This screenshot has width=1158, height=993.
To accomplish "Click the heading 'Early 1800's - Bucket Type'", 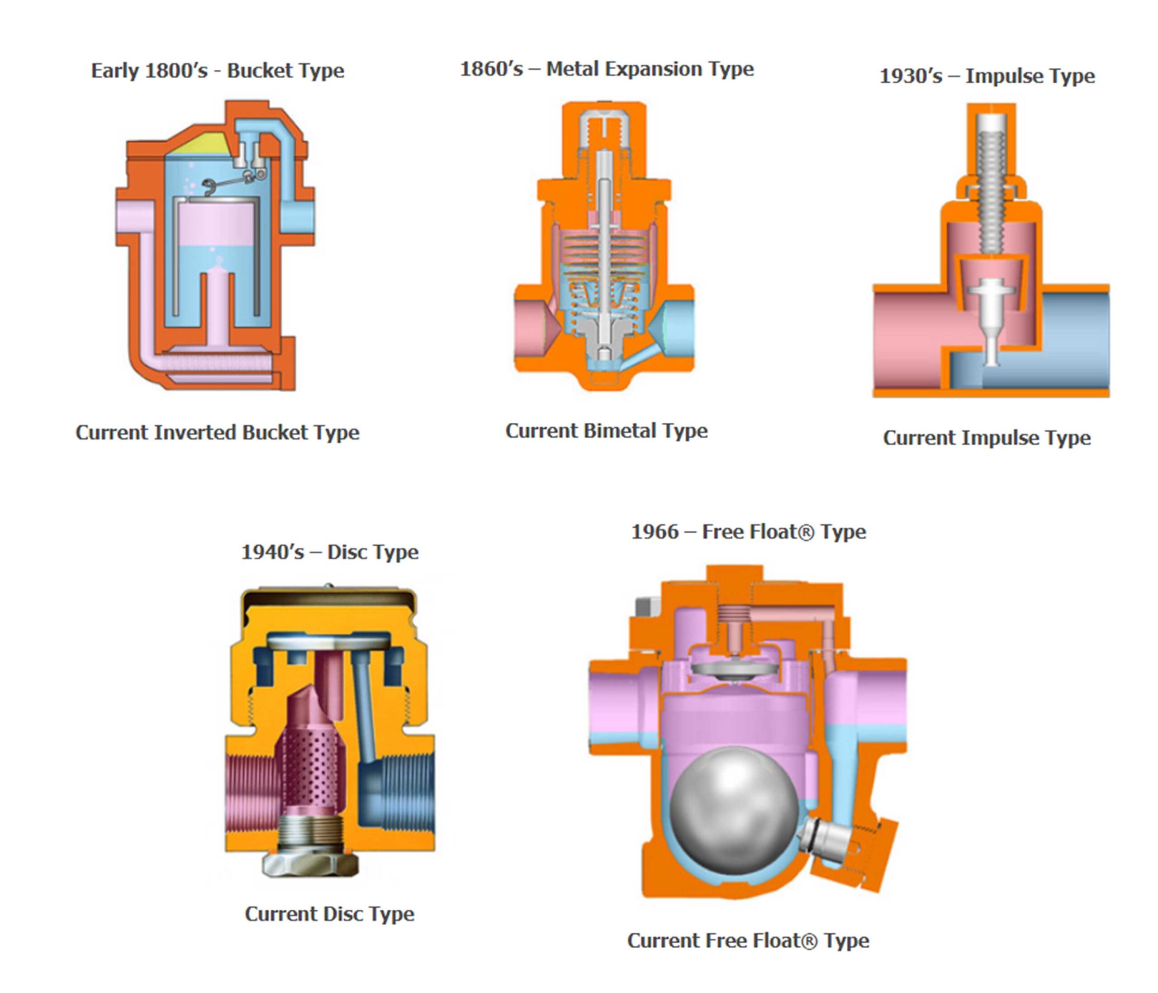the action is [x=218, y=71].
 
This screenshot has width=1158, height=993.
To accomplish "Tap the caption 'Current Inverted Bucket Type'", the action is [x=218, y=433].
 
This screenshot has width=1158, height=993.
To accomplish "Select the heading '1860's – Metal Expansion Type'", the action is [x=607, y=69].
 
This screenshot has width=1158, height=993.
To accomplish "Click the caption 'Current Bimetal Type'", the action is [x=607, y=431].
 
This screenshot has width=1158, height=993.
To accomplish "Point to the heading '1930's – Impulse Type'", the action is [x=987, y=76].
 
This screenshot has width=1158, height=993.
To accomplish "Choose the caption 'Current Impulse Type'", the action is [x=987, y=438].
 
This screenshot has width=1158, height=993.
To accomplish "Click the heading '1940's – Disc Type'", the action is [x=330, y=553].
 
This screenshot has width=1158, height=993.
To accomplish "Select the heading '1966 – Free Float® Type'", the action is [x=748, y=532].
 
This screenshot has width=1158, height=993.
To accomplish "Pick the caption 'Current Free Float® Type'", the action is [x=748, y=940].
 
